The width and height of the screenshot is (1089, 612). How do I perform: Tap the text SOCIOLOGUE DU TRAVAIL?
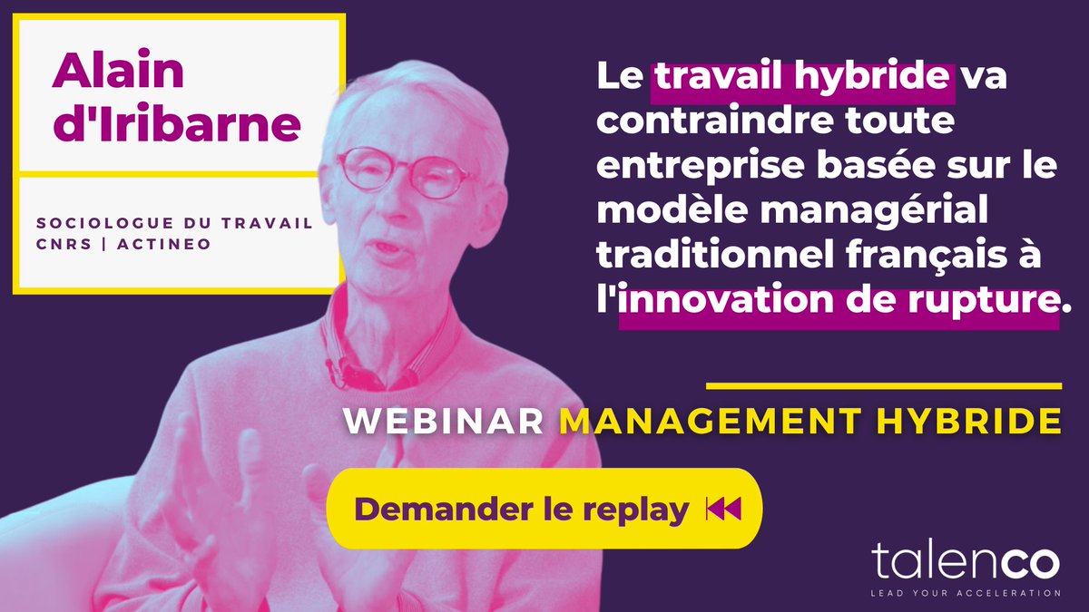pyautogui.click(x=174, y=223)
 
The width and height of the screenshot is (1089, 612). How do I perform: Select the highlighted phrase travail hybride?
pyautogui.click(x=802, y=78)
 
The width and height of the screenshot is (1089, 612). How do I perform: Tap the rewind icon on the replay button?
pyautogui.click(x=723, y=510)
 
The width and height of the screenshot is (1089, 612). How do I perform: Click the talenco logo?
pyautogui.click(x=966, y=560)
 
